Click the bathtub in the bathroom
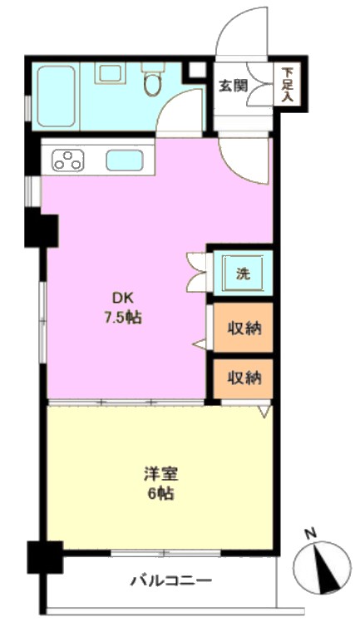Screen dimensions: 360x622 [x=56, y=96]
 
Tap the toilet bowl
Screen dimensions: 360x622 [x=152, y=81]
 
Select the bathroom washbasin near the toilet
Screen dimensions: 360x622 [x=110, y=73]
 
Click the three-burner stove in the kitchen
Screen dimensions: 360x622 [x=68, y=160]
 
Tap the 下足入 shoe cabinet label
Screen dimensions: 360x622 [x=288, y=85]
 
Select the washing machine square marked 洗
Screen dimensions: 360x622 [x=243, y=274]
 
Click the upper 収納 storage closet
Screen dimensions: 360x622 [x=244, y=328]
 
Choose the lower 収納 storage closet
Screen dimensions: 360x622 [x=244, y=378]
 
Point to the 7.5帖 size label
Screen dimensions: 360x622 [x=123, y=318]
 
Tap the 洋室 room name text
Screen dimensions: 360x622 [x=160, y=474]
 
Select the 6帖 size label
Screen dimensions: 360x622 [x=160, y=494]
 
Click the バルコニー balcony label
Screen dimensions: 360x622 [x=171, y=581]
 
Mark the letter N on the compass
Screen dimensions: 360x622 [x=311, y=533]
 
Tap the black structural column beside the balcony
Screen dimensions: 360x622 [x=45, y=557]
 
